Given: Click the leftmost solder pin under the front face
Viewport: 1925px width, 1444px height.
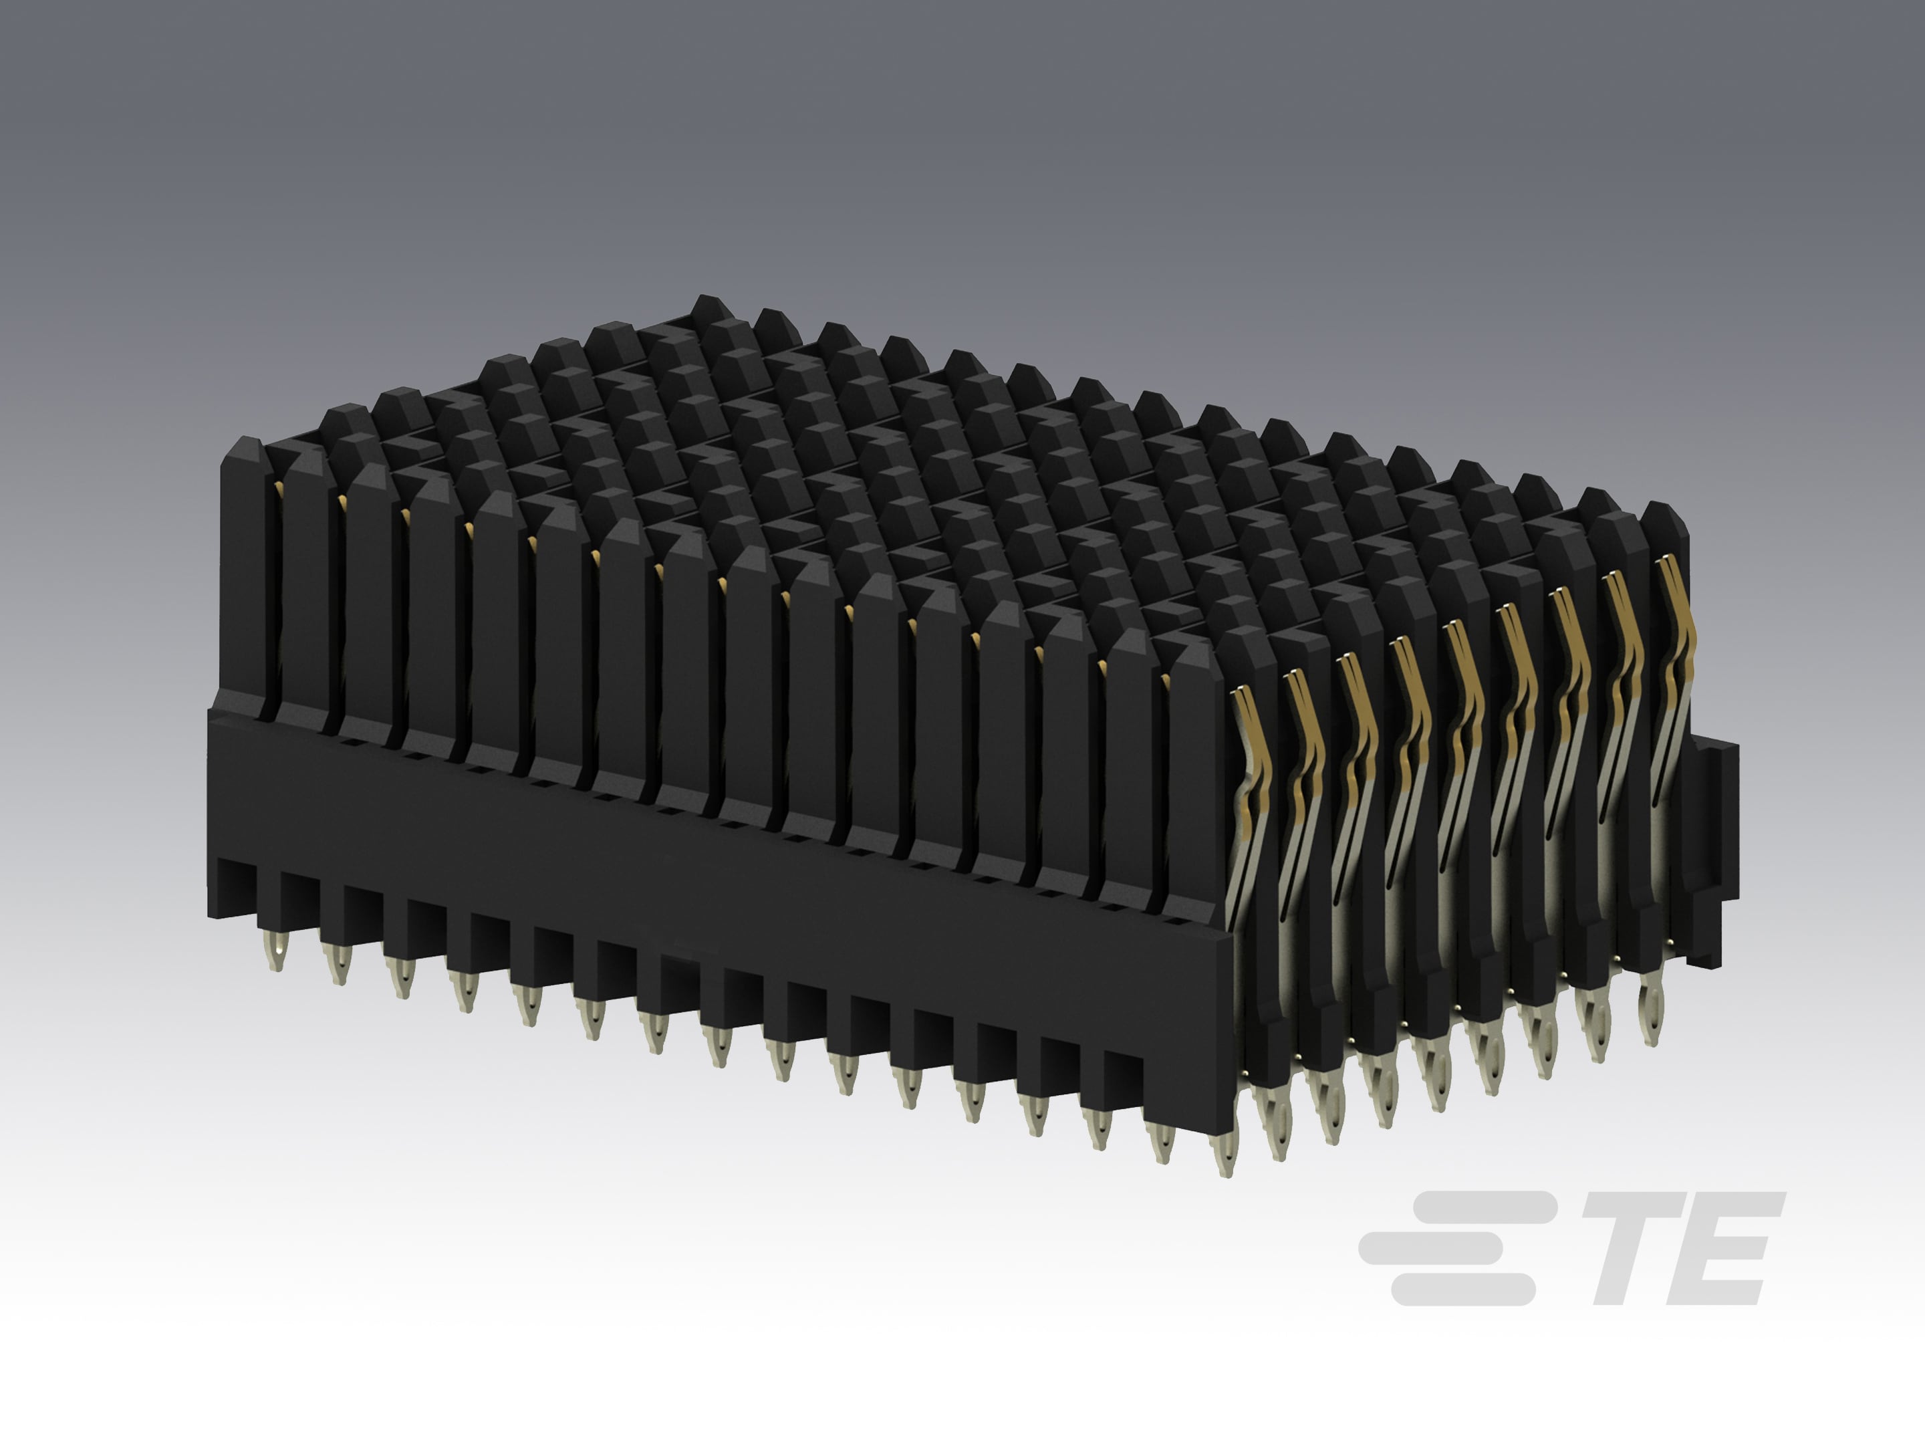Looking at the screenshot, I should click(277, 949).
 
